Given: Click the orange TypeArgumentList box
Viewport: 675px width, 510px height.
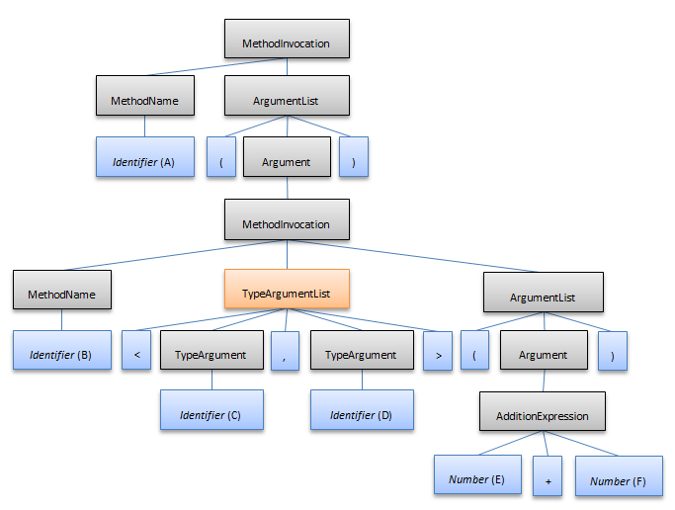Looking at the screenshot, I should tap(287, 294).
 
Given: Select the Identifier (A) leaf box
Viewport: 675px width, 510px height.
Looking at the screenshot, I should tap(144, 161).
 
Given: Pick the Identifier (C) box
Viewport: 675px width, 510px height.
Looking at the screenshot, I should tap(211, 414).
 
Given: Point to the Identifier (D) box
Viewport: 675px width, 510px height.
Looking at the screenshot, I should tap(362, 414).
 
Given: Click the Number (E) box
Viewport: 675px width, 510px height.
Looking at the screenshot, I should tap(477, 479).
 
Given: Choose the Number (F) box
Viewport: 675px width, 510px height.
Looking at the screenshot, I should tap(618, 480).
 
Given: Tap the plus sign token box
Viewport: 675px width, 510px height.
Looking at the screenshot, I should tap(548, 481).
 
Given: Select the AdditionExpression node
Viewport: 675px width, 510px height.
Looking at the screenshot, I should tap(542, 415).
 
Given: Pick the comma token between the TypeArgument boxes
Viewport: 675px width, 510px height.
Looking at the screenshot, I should tap(285, 354).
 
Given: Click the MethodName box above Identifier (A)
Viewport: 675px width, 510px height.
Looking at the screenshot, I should tap(144, 101).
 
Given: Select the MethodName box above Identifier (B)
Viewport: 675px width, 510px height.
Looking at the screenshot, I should tap(61, 294).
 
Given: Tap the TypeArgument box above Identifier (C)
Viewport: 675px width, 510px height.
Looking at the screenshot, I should tap(211, 354).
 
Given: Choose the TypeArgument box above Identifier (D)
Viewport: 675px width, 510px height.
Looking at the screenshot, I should tap(361, 354).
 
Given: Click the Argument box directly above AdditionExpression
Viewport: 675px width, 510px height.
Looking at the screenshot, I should tap(543, 354).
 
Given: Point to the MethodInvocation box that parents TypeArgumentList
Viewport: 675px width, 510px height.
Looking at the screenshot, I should tap(287, 223).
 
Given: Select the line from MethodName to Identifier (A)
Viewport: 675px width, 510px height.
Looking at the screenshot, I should tap(145, 127).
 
